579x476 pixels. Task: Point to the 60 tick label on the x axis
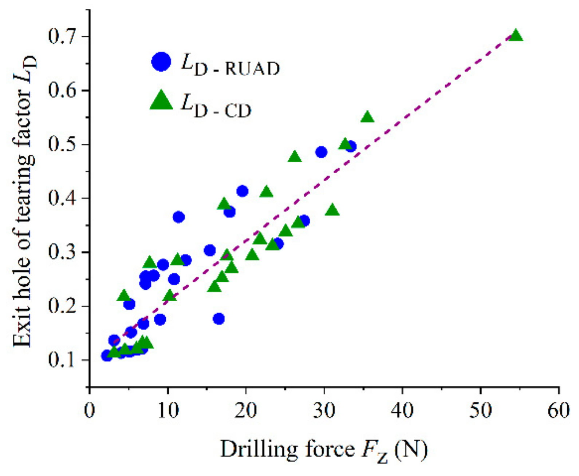click(558, 410)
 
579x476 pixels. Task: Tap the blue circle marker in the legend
click(161, 61)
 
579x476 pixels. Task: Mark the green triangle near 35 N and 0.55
click(367, 117)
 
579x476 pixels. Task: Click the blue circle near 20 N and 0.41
click(242, 191)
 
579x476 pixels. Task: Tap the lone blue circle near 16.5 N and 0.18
click(218, 319)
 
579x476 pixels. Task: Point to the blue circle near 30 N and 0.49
click(321, 152)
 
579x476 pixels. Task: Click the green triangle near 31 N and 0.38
click(332, 210)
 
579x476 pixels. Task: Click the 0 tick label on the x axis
click(90, 410)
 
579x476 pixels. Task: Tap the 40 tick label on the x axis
click(402, 410)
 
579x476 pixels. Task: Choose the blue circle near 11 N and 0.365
click(178, 217)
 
